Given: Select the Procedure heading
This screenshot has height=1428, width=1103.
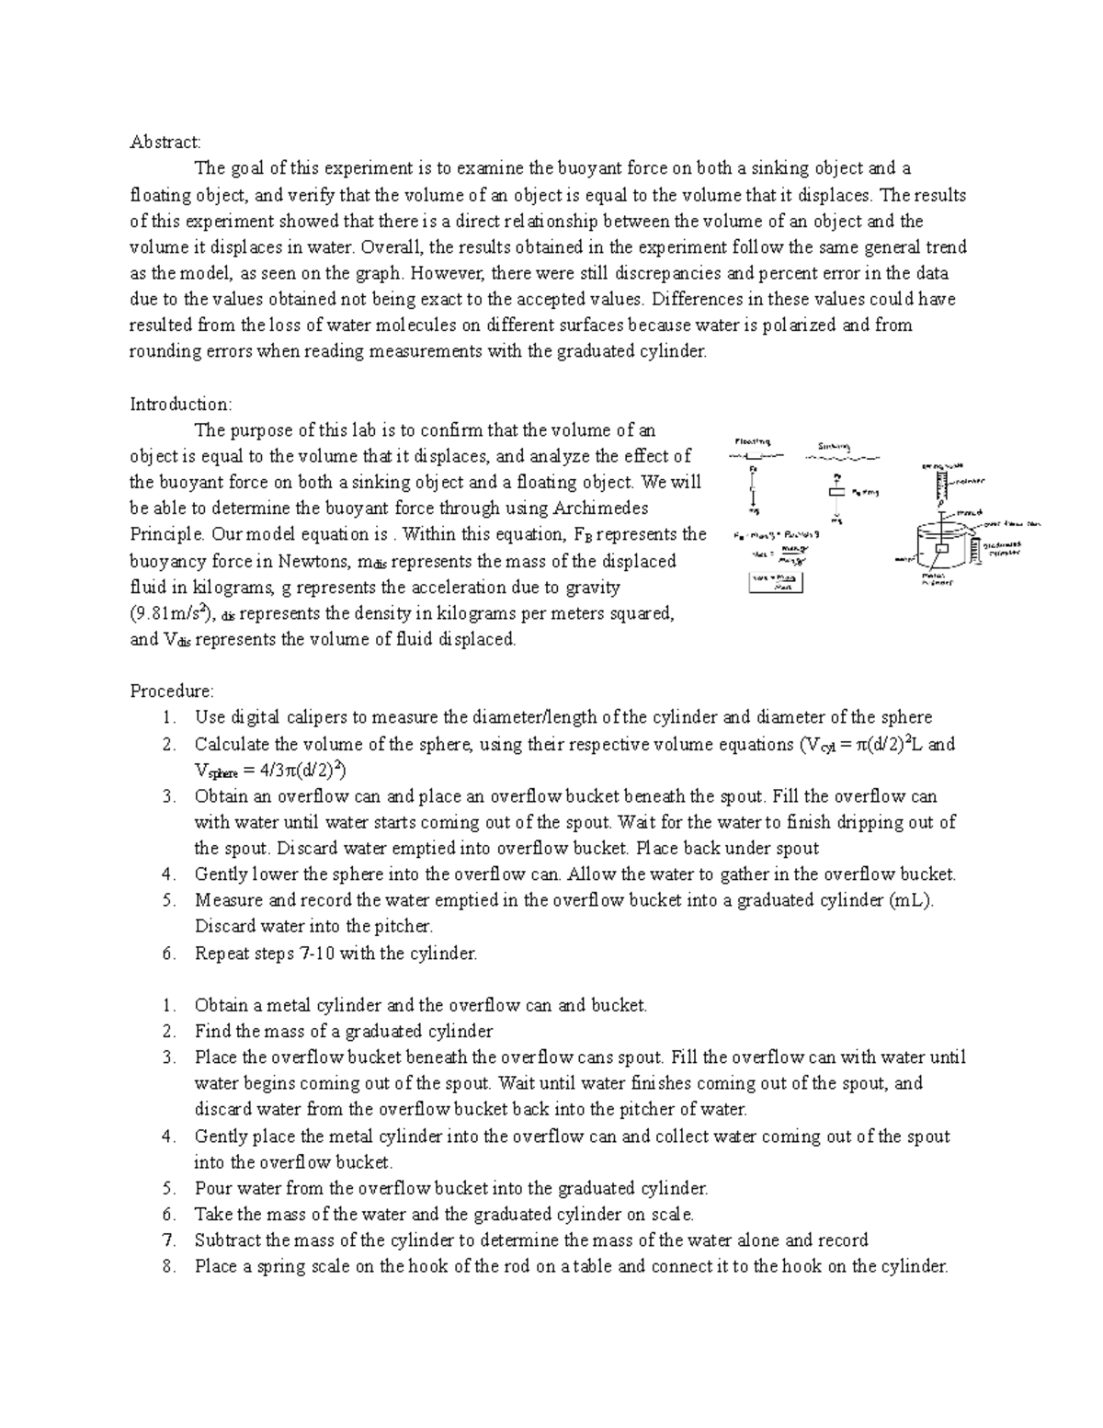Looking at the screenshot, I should [x=172, y=691].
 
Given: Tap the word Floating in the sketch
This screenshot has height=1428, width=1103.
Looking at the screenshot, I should [x=752, y=441].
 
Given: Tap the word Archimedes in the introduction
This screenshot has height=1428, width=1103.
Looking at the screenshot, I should [x=601, y=508].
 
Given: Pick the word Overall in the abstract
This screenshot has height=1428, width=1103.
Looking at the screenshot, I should [x=393, y=246].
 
